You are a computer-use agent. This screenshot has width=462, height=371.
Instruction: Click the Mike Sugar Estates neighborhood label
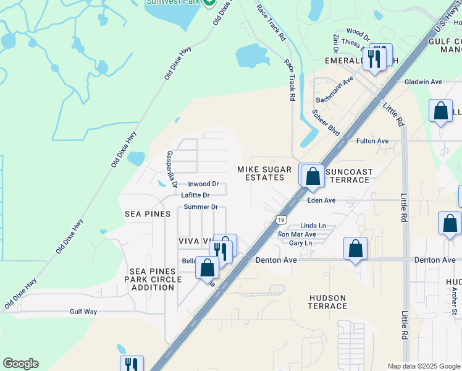coord(261,173)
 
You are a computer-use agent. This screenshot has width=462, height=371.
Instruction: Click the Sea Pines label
coord(147,214)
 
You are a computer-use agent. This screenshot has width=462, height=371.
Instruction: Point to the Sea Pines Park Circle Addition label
coord(156,279)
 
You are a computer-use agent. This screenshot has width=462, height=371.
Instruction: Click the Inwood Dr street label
coord(203,184)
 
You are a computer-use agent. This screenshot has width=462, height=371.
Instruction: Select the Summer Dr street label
coord(201,207)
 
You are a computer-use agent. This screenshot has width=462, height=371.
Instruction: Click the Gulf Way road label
coord(83,312)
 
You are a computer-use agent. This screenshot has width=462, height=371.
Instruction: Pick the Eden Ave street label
coord(321,200)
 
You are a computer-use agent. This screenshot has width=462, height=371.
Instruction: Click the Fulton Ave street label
coord(372,141)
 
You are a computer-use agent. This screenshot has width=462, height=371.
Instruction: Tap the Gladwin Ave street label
coord(423,82)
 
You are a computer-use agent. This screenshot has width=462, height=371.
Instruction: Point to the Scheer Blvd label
coord(326,123)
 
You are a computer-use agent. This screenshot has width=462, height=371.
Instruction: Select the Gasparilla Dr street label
coord(172,169)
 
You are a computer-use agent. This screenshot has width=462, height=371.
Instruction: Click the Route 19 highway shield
coord(281,220)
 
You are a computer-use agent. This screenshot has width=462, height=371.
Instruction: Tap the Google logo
coord(20,364)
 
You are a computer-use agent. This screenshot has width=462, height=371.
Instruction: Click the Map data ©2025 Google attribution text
coord(424,366)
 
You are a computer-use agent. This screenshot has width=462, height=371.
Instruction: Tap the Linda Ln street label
coord(313,226)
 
